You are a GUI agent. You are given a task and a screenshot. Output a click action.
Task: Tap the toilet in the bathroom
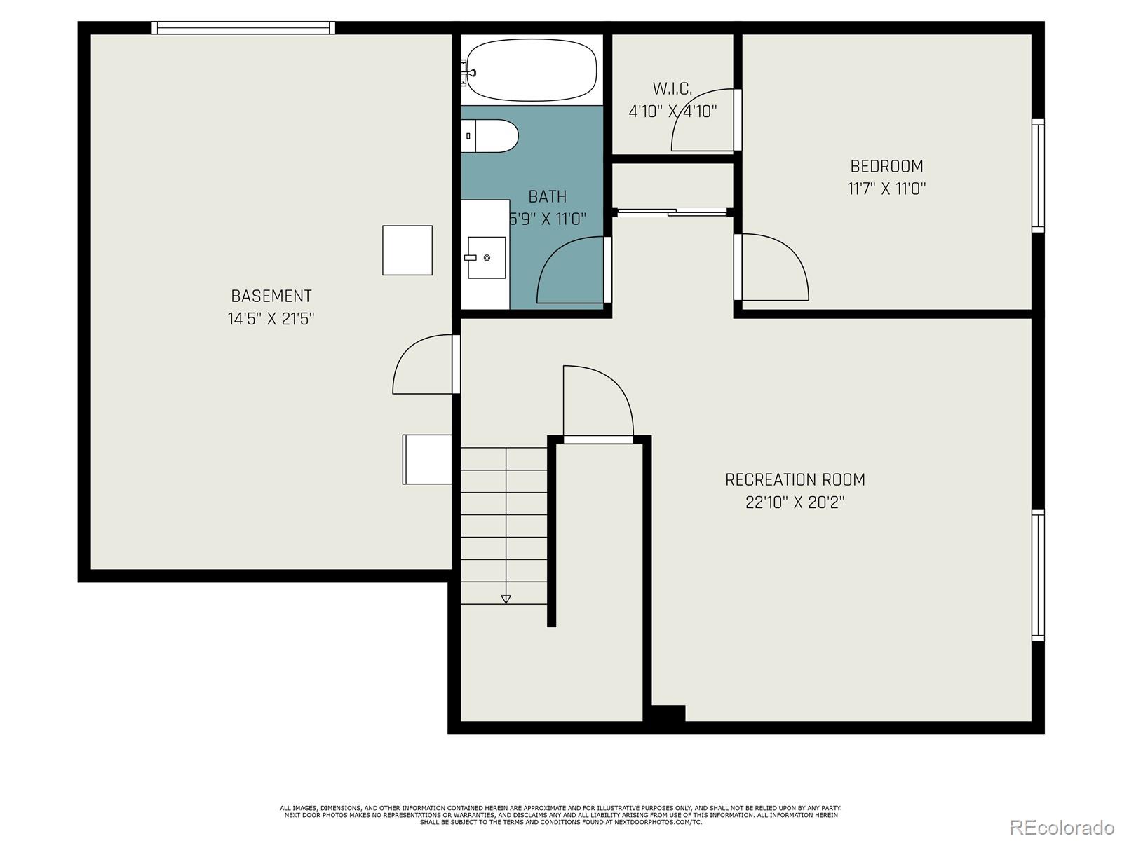[x=491, y=136]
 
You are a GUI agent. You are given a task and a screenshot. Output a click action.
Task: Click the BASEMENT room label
[x=271, y=296]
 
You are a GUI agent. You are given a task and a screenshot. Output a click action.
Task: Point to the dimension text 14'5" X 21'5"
[x=271, y=319]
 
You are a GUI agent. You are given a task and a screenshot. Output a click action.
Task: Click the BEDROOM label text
[x=886, y=166]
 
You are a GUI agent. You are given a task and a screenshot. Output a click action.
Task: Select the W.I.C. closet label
[x=672, y=89]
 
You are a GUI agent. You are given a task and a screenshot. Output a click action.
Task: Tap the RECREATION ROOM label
[x=795, y=480]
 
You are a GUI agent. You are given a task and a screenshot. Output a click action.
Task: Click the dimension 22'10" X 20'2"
[x=795, y=502]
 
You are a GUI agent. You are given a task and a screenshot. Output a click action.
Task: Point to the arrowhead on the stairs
[x=506, y=599]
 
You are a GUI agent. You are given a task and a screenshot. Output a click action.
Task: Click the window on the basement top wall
[x=243, y=28]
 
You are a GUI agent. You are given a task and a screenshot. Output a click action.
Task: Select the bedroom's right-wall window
[x=1038, y=175]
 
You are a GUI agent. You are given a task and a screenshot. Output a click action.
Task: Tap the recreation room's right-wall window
[x=1038, y=575]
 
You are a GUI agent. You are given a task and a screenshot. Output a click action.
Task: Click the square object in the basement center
[x=407, y=250]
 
